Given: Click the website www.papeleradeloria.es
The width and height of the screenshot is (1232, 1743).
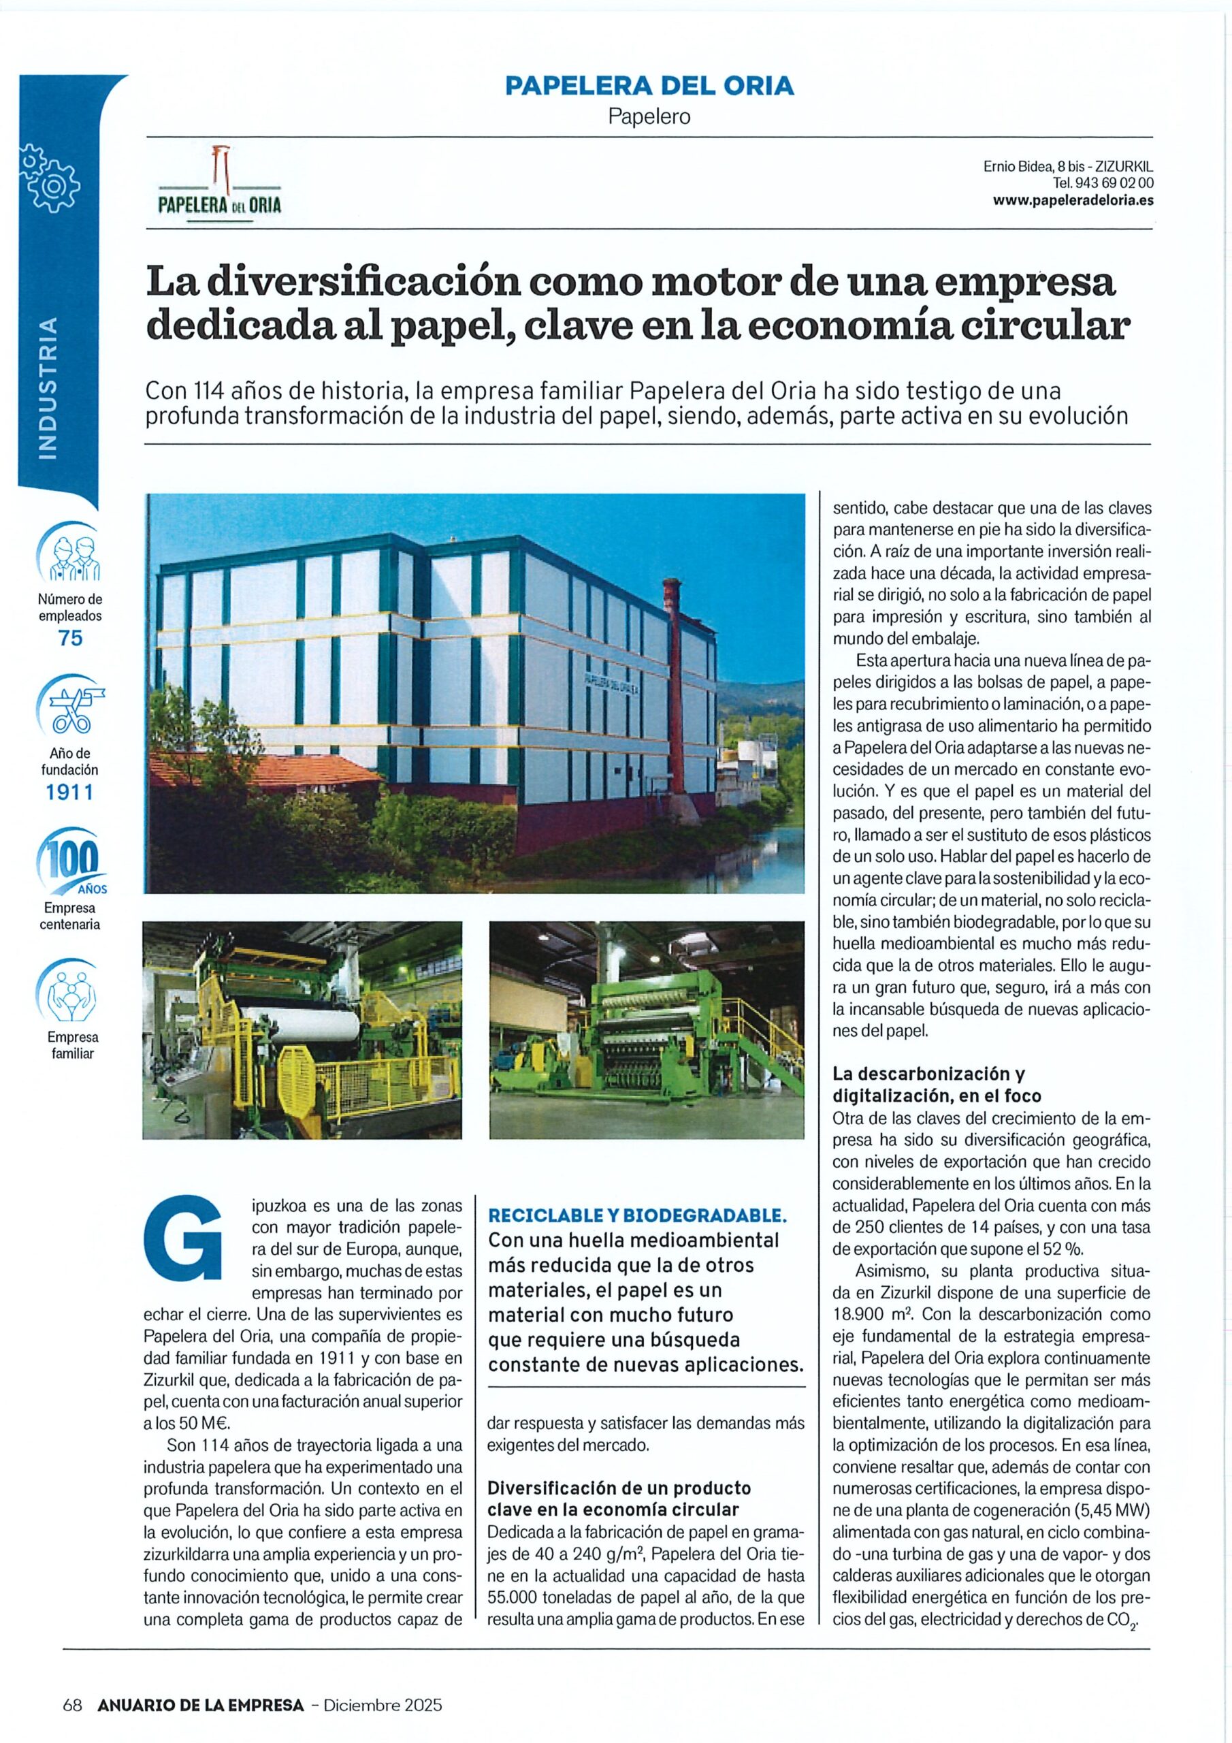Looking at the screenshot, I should [1073, 200].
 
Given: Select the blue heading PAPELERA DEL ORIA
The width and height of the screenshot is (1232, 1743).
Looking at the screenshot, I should [649, 86].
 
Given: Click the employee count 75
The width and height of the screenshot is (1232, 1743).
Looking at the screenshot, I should [71, 639].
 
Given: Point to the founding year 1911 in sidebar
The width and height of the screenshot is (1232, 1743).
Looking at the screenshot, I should [70, 793].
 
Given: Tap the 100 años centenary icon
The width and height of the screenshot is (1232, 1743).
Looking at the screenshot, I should [70, 863].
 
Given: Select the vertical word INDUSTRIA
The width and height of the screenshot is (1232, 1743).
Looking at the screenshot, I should [48, 388].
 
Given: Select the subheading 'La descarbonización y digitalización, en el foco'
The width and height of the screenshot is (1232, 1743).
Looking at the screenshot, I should [936, 1084].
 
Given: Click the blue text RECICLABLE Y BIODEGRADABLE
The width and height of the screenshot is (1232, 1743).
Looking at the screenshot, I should [637, 1215].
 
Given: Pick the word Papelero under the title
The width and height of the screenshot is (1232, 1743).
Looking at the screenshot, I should [649, 117].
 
